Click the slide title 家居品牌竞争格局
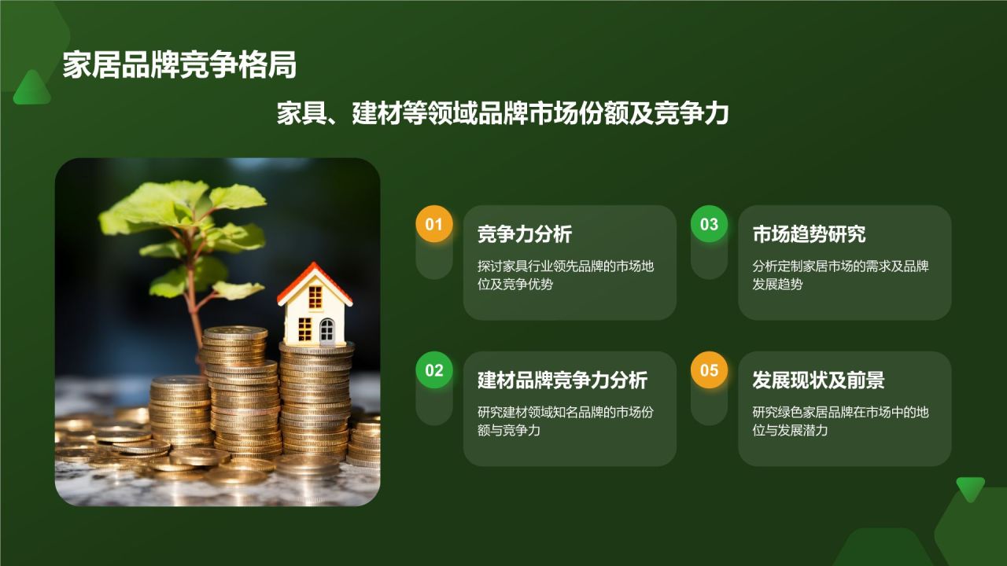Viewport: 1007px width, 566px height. [179, 65]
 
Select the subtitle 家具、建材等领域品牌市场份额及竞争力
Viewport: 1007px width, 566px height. [503, 113]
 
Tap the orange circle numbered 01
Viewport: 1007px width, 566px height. [433, 224]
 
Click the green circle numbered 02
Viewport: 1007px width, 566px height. [433, 370]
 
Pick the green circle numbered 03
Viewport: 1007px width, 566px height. [709, 224]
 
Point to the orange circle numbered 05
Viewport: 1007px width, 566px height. [709, 370]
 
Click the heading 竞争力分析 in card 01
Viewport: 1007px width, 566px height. [525, 234]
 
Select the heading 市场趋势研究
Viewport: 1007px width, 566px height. [809, 234]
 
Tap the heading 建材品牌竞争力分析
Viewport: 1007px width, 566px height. [563, 380]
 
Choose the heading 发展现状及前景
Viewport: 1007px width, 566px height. [818, 380]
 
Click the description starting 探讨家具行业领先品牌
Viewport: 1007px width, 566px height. [566, 275]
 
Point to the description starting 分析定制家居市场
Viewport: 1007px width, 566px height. [840, 275]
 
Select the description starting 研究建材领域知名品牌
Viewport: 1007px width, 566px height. [566, 421]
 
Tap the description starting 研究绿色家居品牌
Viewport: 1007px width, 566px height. [840, 421]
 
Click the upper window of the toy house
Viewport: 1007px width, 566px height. [315, 297]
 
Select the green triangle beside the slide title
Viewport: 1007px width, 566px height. [32, 87]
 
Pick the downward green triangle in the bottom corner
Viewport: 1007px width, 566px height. [970, 489]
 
